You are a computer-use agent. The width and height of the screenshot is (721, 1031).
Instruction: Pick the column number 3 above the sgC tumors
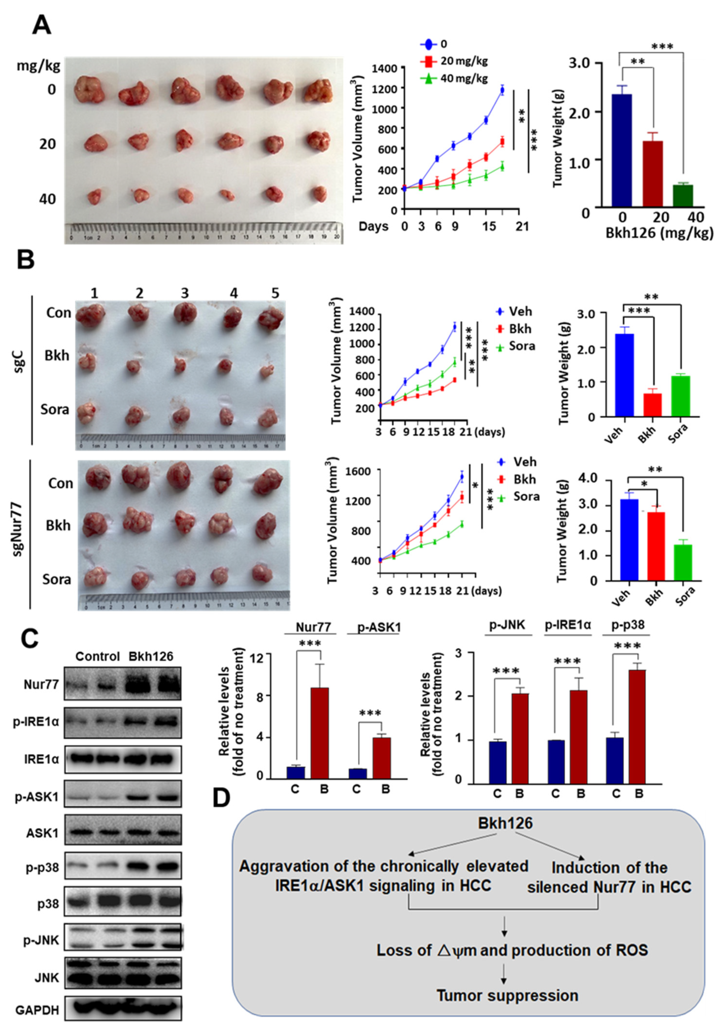pos(185,294)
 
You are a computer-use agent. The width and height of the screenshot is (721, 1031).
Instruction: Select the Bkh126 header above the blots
pos(151,657)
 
